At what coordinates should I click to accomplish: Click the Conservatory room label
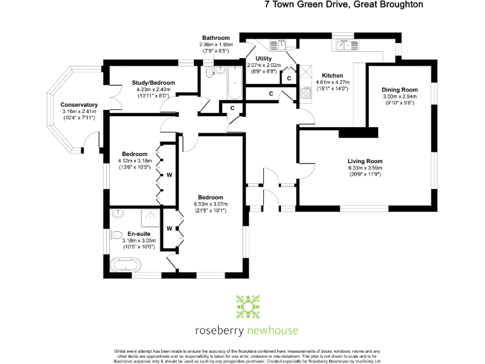(x=79, y=105)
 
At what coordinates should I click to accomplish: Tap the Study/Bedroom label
(x=153, y=83)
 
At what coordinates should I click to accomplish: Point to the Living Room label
(x=366, y=161)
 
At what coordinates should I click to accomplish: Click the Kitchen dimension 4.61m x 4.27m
(x=332, y=82)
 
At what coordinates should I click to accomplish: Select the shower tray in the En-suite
(x=151, y=218)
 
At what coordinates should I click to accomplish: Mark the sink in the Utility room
(x=278, y=44)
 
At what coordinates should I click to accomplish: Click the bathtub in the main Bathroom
(x=233, y=84)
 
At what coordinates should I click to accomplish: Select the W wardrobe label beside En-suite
(x=169, y=228)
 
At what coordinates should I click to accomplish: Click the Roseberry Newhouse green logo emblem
(x=248, y=306)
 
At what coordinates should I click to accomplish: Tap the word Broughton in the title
(x=398, y=4)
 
